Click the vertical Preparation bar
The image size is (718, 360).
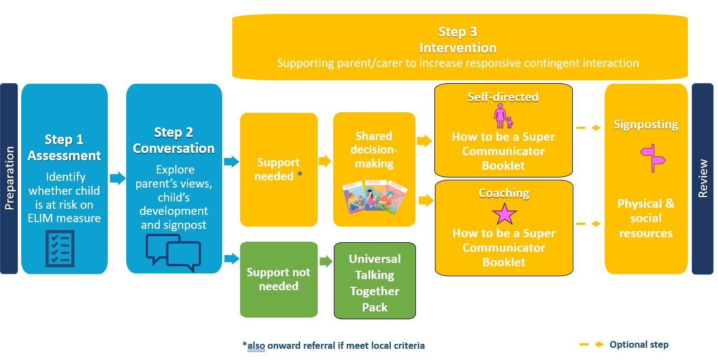pyautogui.click(x=9, y=179)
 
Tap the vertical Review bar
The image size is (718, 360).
pyautogui.click(x=702, y=179)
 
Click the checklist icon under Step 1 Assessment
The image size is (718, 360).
pyautogui.click(x=60, y=248)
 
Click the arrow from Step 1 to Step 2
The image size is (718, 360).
pyautogui.click(x=117, y=179)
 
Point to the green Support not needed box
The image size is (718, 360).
pyautogui.click(x=279, y=279)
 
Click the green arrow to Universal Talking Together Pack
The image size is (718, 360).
pyautogui.click(x=326, y=261)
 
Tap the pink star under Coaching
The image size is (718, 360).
pyautogui.click(x=504, y=214)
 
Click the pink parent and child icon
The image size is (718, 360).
pyautogui.click(x=503, y=116)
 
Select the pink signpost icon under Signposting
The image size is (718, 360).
pyautogui.click(x=653, y=158)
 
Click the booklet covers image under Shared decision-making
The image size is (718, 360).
pyautogui.click(x=374, y=196)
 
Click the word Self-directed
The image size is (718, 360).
pyautogui.click(x=503, y=97)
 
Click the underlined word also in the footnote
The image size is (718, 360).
pyautogui.click(x=256, y=345)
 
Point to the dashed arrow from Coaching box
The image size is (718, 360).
pyautogui.click(x=588, y=224)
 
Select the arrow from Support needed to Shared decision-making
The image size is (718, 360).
pyautogui.click(x=325, y=161)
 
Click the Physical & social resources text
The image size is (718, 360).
pyautogui.click(x=646, y=218)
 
